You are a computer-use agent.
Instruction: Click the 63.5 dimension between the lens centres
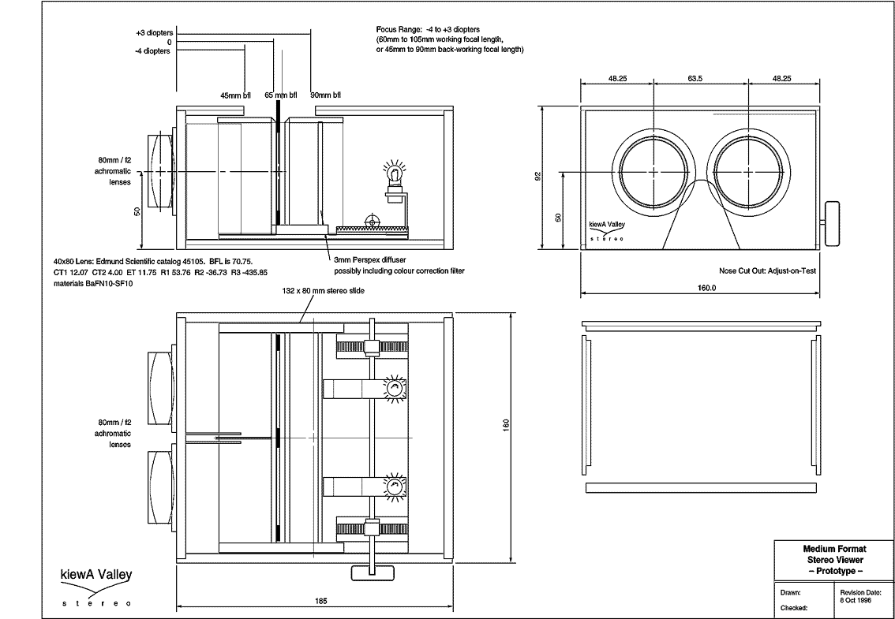695,78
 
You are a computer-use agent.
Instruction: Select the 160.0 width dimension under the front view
706,288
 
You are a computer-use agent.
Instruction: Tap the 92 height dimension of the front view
537,177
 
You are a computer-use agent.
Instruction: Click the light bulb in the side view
393,173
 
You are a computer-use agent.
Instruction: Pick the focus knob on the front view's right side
833,224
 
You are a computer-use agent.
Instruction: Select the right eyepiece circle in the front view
748,171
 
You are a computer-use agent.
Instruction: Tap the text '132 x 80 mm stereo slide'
323,290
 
